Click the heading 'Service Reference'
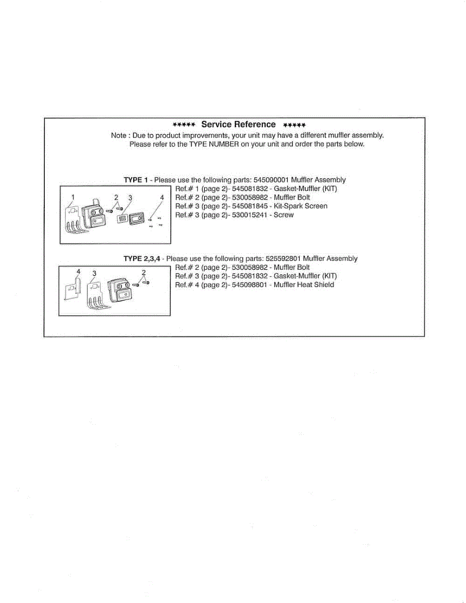pos(238,125)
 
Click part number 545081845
pos(250,206)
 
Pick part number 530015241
pos(250,215)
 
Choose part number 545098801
pos(250,285)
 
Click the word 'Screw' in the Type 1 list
pos(284,215)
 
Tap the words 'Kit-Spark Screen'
pos(301,206)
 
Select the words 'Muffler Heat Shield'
pos(304,285)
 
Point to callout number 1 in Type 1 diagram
pos(73,196)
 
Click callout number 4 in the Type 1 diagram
pos(162,198)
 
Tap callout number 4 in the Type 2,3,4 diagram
pos(78,271)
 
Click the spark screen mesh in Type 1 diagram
pos(122,219)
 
